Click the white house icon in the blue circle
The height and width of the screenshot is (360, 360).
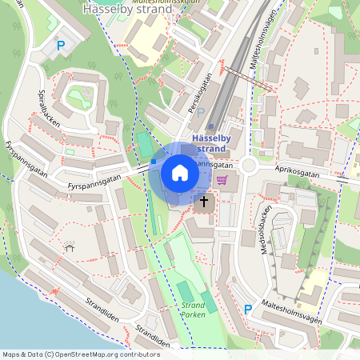tap(180, 173)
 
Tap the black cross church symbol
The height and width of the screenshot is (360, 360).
tap(204, 202)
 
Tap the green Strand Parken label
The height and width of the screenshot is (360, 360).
tap(194, 310)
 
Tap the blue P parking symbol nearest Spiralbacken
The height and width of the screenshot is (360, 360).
tap(61, 46)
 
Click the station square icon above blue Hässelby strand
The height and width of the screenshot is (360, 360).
tap(210, 126)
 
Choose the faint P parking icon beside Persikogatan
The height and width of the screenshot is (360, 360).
tap(201, 112)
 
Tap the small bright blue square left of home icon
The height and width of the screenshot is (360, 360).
tap(154, 162)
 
